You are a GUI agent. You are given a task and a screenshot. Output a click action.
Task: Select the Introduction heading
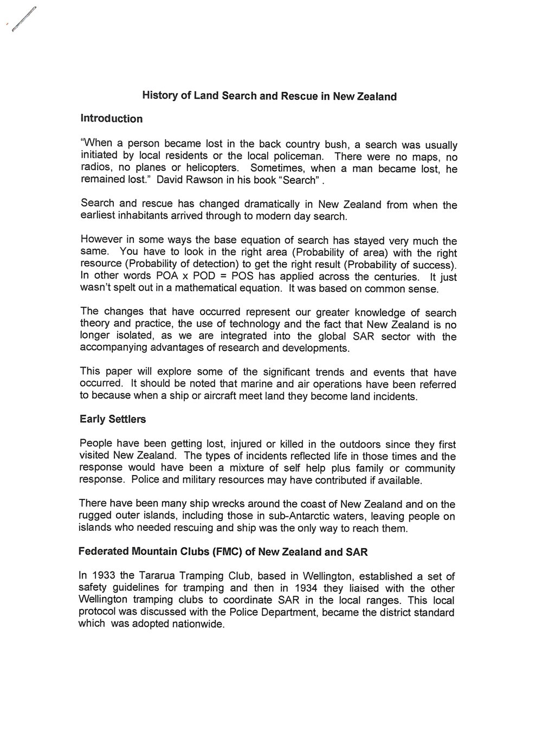[111, 119]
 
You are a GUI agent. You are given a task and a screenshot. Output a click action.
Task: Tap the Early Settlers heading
[113, 419]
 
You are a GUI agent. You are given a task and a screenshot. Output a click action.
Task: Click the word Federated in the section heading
[104, 552]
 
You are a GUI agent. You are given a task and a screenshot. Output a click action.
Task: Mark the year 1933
[106, 576]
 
